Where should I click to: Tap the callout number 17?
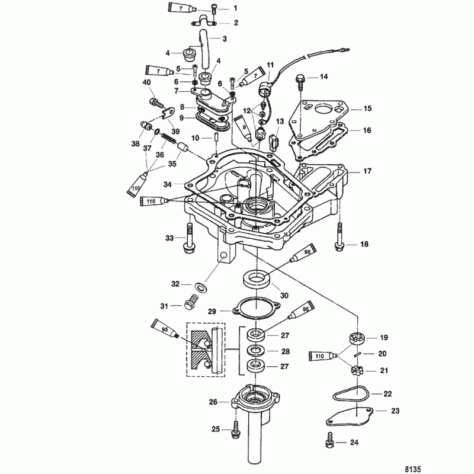click(x=367, y=171)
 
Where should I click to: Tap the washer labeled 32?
click(x=201, y=287)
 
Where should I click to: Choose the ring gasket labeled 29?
click(x=251, y=309)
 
